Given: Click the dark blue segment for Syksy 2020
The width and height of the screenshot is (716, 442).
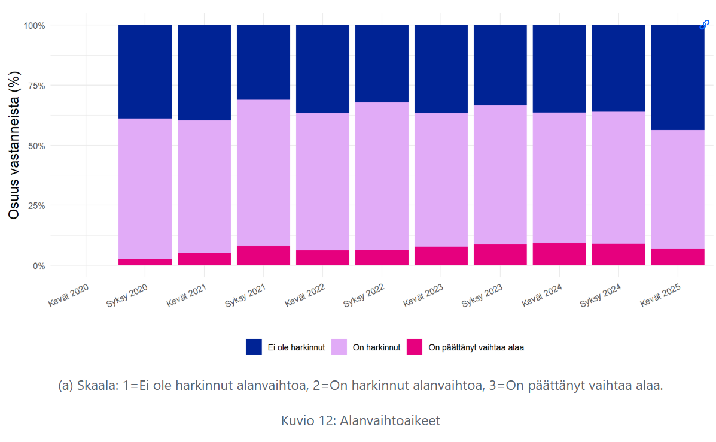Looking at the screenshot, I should coord(145,71).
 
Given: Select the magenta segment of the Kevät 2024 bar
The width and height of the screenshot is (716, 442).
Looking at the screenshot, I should coord(559,254).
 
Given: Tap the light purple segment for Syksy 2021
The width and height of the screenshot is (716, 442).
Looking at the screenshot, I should coord(263,172).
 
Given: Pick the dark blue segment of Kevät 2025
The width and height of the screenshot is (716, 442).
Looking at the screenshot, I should coord(677,77).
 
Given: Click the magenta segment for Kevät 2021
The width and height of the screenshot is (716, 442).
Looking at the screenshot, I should coord(204,259).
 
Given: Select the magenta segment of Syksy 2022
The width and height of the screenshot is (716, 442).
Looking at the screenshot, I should coord(382,258).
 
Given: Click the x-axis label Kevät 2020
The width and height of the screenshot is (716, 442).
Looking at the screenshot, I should coord(69,294).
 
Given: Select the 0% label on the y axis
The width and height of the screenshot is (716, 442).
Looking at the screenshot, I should coord(37,265).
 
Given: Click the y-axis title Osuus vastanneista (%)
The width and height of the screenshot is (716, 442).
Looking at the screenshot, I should coord(14,145).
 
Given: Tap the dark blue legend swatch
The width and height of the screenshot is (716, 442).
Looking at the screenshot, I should coord(254,347).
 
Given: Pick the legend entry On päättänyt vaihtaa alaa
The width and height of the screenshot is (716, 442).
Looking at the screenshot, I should coord(476,347).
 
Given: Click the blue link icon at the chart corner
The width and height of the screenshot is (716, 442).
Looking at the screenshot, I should coord(705,25).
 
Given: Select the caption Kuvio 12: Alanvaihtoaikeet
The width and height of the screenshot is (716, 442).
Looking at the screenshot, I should coord(360,420).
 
